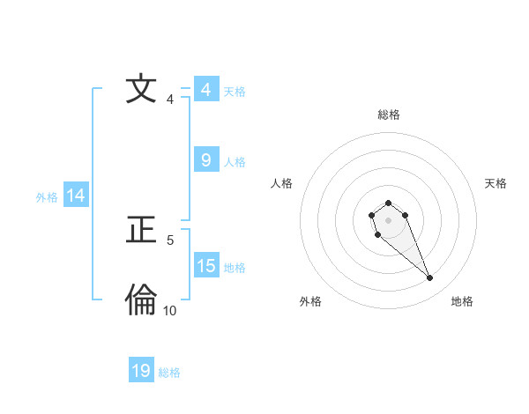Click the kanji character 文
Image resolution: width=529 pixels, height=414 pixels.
pyautogui.click(x=141, y=90)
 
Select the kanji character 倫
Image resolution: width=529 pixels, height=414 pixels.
pyautogui.click(x=141, y=301)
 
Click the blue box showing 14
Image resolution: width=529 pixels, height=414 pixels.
pyautogui.click(x=76, y=196)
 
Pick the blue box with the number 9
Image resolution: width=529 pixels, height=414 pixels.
pyautogui.click(x=205, y=160)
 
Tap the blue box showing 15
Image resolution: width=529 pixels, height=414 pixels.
pyautogui.click(x=205, y=266)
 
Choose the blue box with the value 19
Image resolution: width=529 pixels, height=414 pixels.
pyautogui.click(x=141, y=371)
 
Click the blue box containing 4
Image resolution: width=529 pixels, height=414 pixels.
pyautogui.click(x=205, y=90)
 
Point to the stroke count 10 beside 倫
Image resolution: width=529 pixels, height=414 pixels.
pyautogui.click(x=169, y=311)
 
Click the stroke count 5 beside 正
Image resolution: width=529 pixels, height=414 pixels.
pyautogui.click(x=170, y=240)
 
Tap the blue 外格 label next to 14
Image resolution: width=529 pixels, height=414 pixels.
pyautogui.click(x=47, y=197)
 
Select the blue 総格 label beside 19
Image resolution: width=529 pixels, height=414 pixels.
pyautogui.click(x=169, y=373)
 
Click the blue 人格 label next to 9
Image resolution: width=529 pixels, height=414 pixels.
pyautogui.click(x=235, y=162)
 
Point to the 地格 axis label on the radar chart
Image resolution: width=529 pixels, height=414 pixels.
pyautogui.click(x=462, y=301)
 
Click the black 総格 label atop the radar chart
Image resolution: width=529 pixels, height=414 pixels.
pyautogui.click(x=388, y=115)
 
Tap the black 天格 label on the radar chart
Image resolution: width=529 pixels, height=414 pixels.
pyautogui.click(x=495, y=183)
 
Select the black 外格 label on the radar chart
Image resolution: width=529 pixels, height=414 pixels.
pyautogui.click(x=310, y=301)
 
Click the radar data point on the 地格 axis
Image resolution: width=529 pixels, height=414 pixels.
pyautogui.click(x=430, y=278)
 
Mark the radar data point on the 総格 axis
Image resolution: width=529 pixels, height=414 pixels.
pyautogui.click(x=388, y=203)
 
